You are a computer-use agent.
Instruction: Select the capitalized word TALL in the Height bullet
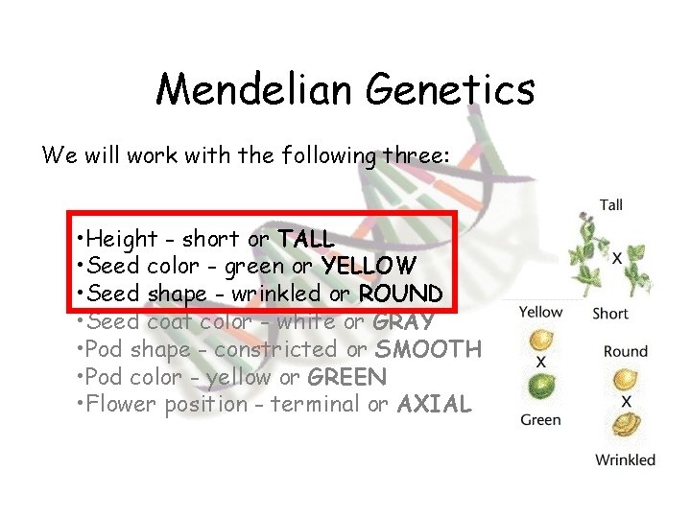305,238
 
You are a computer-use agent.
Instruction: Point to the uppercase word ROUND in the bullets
400,293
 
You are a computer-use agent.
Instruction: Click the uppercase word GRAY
403,321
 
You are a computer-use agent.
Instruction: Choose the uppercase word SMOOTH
427,349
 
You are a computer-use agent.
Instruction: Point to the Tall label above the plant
611,204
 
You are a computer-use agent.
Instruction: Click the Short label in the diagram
610,313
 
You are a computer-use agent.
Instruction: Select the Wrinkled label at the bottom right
625,459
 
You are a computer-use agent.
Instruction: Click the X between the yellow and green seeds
541,364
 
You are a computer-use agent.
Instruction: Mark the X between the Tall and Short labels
617,259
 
